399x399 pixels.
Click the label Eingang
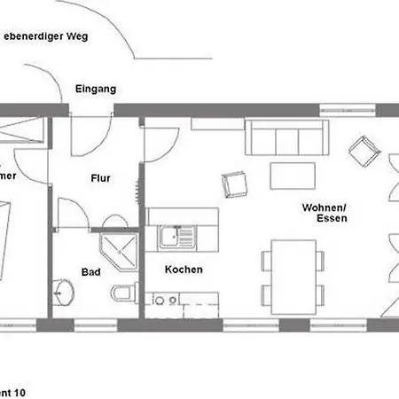click(x=94, y=90)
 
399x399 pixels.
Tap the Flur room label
click(x=100, y=177)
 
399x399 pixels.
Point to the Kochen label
click(x=184, y=270)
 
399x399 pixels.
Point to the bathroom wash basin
click(x=64, y=290)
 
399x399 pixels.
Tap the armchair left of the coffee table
click(x=236, y=184)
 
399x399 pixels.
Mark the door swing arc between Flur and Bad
click(x=71, y=213)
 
